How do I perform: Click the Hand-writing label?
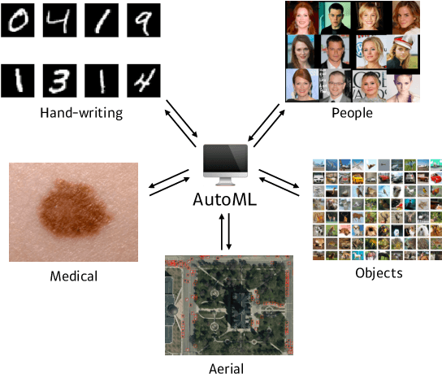coord(81,113)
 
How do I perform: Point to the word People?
coord(352,113)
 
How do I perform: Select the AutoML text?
coord(225,198)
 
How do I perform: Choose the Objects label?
coord(379,273)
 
